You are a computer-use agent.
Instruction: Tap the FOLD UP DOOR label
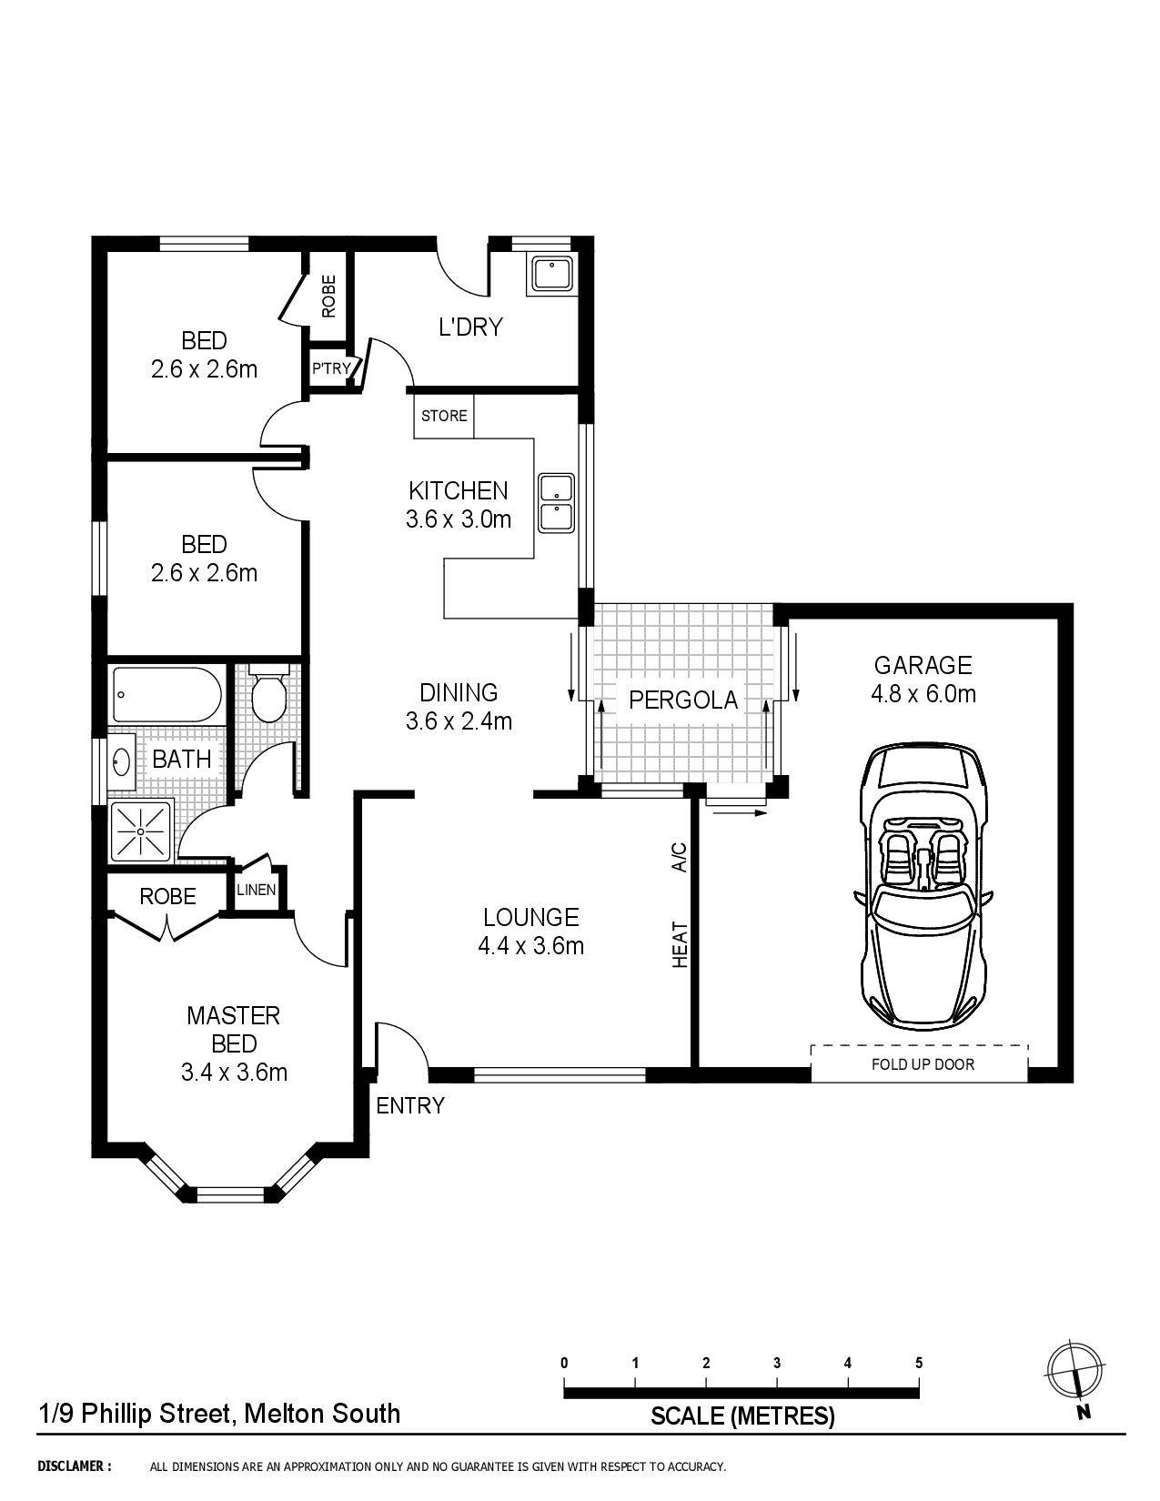click(x=923, y=1063)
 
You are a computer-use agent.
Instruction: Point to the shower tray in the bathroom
click(x=142, y=831)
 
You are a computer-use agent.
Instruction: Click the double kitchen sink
click(x=556, y=502)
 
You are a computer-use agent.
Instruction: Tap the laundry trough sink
click(x=551, y=274)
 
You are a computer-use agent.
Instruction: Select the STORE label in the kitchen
click(x=444, y=416)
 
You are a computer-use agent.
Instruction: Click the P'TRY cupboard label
click(x=331, y=368)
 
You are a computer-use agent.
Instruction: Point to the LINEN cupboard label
click(x=256, y=889)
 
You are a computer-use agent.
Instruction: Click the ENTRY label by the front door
click(x=410, y=1105)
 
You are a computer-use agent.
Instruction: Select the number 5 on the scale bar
click(x=919, y=1363)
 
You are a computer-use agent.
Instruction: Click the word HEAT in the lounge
click(x=680, y=944)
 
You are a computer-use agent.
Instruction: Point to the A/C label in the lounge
click(x=679, y=857)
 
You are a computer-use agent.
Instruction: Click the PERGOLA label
click(x=682, y=700)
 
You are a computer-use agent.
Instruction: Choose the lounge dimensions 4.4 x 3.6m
click(x=530, y=946)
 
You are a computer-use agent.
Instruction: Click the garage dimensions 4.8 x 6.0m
click(x=923, y=694)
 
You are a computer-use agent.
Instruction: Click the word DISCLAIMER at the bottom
click(x=75, y=1466)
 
